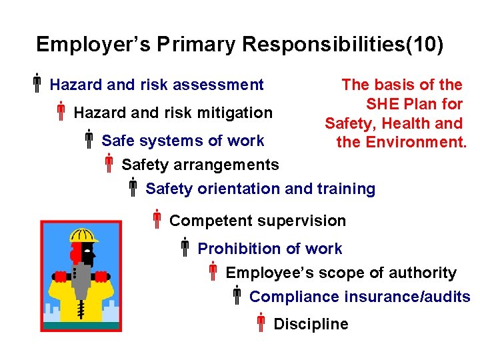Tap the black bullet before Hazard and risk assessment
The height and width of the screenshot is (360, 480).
tap(38, 85)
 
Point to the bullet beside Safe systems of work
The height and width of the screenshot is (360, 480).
tap(89, 140)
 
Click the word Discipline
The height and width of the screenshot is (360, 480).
tap(311, 324)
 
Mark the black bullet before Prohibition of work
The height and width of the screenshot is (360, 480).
tap(185, 249)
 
